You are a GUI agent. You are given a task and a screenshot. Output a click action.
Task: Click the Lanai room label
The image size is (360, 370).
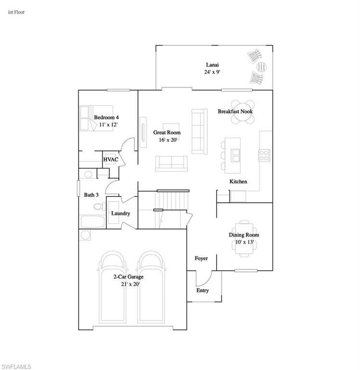point(212,65)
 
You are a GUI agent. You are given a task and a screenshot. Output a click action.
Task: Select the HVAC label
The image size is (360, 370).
point(110,159)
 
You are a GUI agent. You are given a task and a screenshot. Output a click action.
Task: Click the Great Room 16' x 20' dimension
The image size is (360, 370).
point(167,140)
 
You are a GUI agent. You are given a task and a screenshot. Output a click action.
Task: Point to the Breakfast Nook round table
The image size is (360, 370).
point(241,111)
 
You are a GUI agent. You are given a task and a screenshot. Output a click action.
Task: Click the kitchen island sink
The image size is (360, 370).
point(236,154)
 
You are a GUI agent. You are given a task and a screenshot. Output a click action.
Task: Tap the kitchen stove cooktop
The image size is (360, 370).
point(264,154)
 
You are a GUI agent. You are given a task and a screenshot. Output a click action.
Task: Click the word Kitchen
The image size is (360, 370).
point(238,182)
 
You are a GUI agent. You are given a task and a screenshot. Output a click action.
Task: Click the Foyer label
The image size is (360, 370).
point(201,259)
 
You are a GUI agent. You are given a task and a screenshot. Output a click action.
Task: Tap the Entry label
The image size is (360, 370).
point(203,291)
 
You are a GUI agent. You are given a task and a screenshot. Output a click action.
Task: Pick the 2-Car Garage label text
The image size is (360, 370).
point(128,277)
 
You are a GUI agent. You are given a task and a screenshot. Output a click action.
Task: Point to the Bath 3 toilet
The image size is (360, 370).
point(98,207)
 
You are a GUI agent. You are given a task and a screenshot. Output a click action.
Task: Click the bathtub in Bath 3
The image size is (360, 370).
point(92,222)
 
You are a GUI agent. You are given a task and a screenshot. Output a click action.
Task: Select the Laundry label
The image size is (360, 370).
point(120,213)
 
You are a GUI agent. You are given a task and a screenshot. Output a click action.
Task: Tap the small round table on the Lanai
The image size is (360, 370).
point(261,66)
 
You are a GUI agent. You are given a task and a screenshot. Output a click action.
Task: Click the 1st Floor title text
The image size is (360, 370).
point(16,12)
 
